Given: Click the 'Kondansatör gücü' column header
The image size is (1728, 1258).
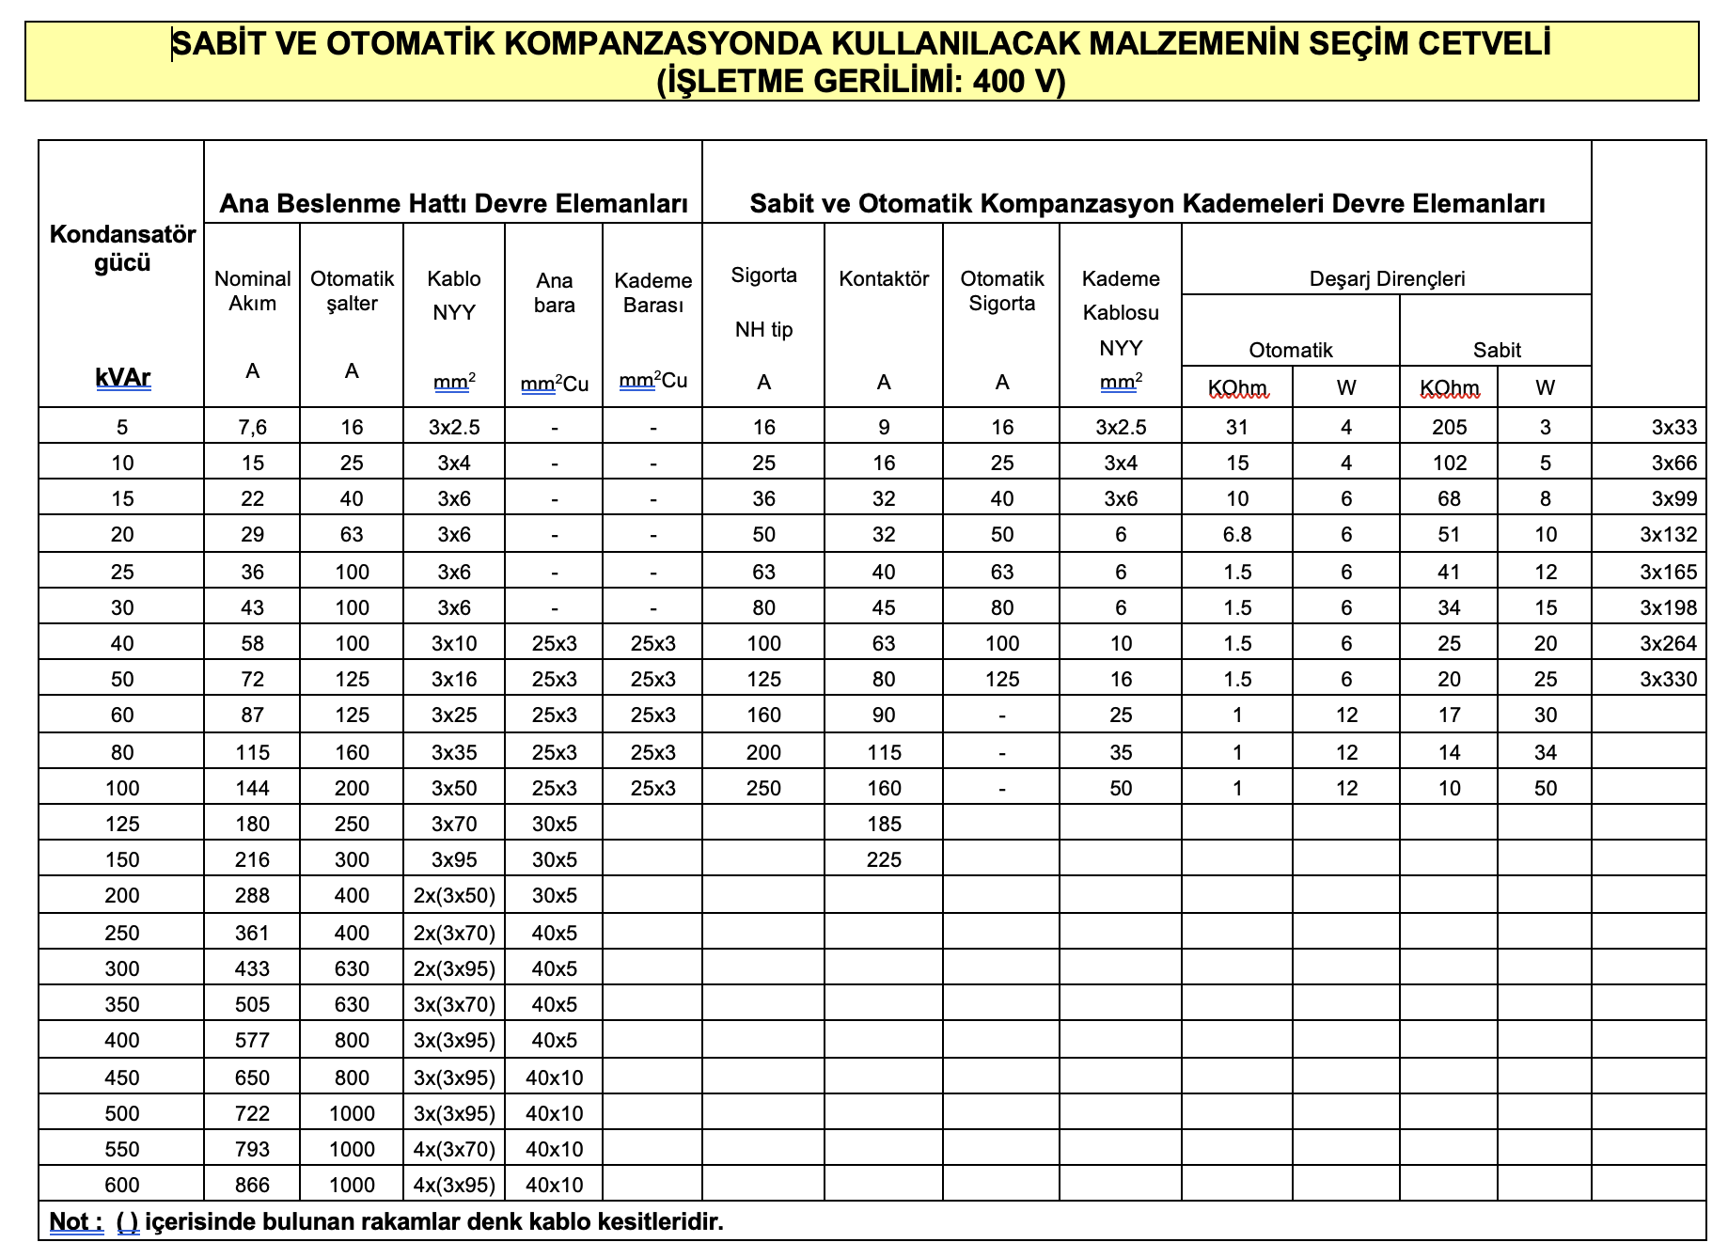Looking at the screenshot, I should (122, 248).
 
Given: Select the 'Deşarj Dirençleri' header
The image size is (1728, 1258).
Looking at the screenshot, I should (1387, 278).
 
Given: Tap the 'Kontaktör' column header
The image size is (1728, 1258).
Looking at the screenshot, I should (884, 278).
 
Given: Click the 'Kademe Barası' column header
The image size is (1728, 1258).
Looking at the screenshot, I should (652, 292).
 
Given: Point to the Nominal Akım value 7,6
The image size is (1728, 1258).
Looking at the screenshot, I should (252, 427).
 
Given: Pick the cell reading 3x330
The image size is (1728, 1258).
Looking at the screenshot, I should (1668, 679).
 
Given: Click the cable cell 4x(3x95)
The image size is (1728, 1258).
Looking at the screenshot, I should (454, 1185).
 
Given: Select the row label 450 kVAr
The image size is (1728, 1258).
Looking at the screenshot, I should (122, 1077).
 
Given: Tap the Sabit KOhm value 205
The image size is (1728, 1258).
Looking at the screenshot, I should (1449, 427).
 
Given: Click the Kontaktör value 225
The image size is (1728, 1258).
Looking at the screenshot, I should (884, 859).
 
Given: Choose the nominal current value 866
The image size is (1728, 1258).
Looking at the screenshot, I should (252, 1185).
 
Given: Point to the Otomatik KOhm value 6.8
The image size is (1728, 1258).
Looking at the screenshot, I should (1237, 534).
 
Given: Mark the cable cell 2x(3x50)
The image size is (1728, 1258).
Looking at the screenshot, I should (454, 895).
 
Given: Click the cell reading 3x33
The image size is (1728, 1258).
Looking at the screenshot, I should (1673, 427).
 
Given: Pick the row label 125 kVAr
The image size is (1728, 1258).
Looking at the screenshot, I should (122, 824).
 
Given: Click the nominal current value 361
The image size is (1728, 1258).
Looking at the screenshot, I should (252, 933).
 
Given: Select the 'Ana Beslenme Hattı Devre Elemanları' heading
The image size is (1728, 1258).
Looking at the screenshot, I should (453, 203).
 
